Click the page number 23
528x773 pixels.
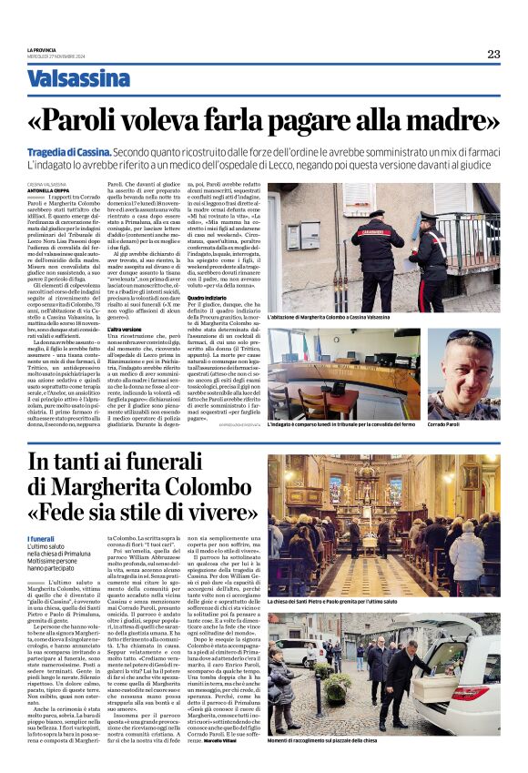click(x=493, y=54)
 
